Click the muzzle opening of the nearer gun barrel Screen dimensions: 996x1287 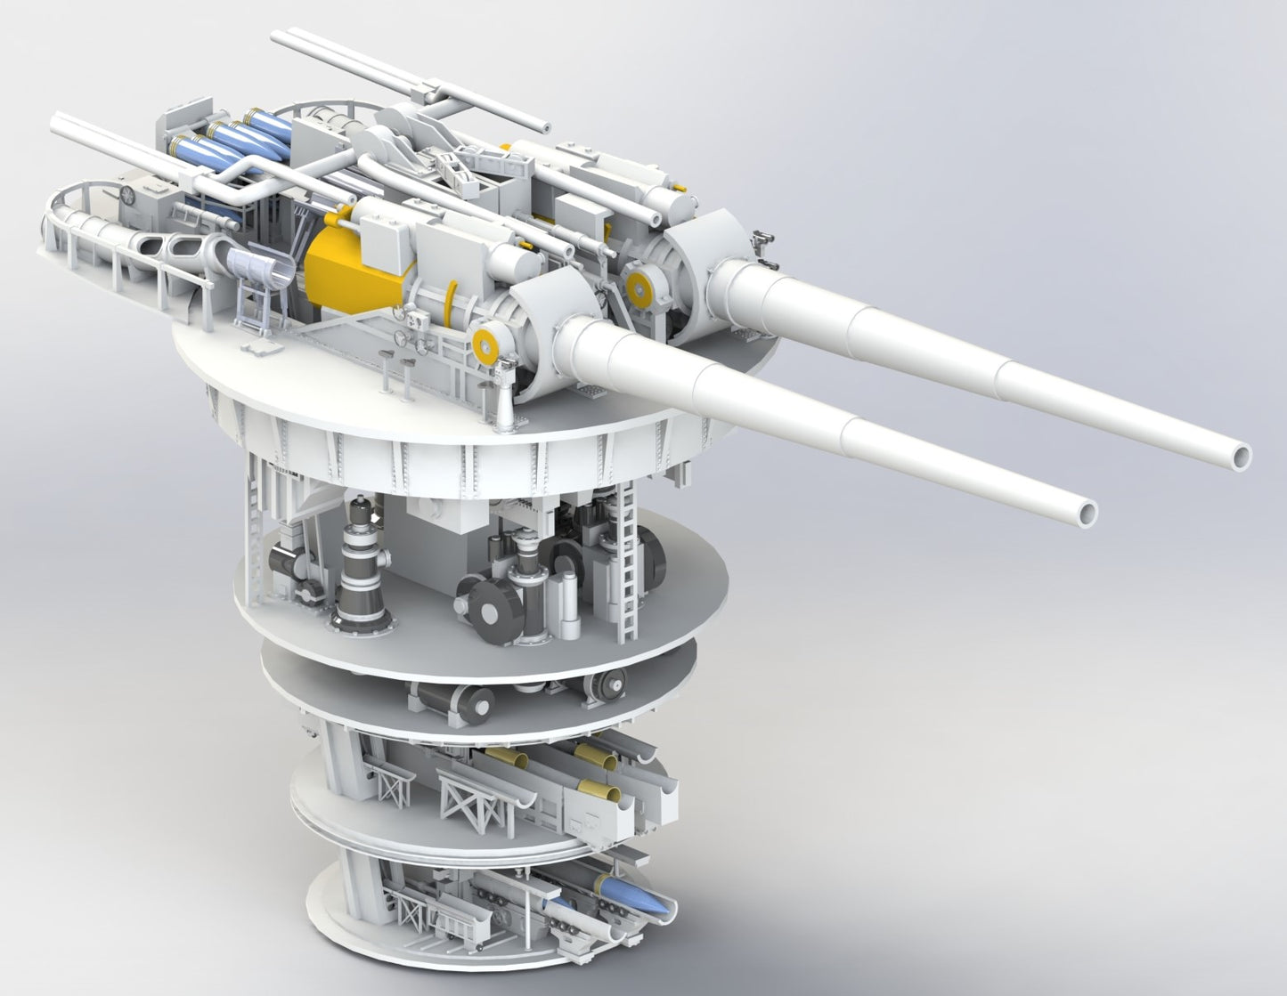1086,514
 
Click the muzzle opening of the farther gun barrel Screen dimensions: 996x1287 1239,455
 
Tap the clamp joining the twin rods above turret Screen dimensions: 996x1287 434,93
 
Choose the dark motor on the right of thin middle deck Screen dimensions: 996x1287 607,685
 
